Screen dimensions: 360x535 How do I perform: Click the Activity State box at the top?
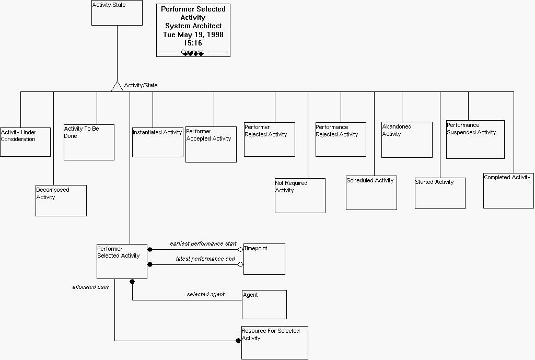click(x=117, y=13)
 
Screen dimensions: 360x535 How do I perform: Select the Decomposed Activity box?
click(x=61, y=201)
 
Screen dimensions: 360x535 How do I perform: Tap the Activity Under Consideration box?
click(x=25, y=142)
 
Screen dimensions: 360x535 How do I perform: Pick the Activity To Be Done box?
click(x=89, y=142)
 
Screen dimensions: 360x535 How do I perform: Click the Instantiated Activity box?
click(x=157, y=142)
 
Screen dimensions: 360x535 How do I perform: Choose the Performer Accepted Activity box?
click(x=211, y=144)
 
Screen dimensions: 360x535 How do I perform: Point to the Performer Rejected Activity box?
click(x=269, y=140)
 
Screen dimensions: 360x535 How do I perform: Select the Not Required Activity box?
click(x=300, y=195)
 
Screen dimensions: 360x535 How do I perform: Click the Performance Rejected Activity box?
click(x=341, y=140)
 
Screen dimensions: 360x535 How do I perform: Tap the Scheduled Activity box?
click(x=371, y=193)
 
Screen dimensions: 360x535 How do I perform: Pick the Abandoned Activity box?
click(x=406, y=140)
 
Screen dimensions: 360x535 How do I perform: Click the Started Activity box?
click(x=440, y=193)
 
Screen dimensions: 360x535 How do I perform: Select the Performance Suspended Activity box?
click(x=475, y=140)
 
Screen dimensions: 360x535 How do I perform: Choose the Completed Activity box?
click(x=508, y=191)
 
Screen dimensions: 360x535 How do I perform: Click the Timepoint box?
click(x=264, y=259)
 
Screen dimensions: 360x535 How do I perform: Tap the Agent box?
click(x=264, y=304)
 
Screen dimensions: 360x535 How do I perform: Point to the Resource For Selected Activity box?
click(x=274, y=342)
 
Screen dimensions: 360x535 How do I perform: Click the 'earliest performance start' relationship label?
click(x=203, y=243)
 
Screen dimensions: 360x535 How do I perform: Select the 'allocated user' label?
click(x=90, y=287)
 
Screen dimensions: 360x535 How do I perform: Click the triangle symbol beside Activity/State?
click(x=117, y=87)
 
